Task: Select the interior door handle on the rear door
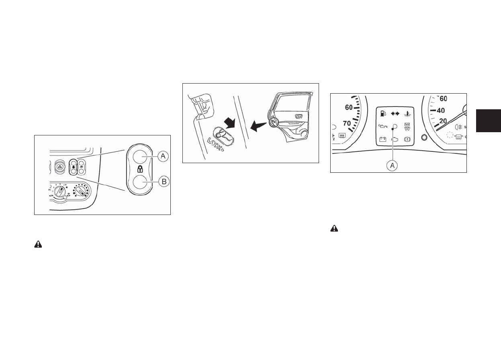[299, 117]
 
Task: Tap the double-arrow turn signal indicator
[395, 114]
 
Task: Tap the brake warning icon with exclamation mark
[407, 140]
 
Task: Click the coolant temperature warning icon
[407, 114]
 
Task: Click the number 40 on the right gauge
[440, 110]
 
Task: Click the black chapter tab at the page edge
[488, 120]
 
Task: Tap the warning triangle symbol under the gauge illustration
[334, 228]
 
